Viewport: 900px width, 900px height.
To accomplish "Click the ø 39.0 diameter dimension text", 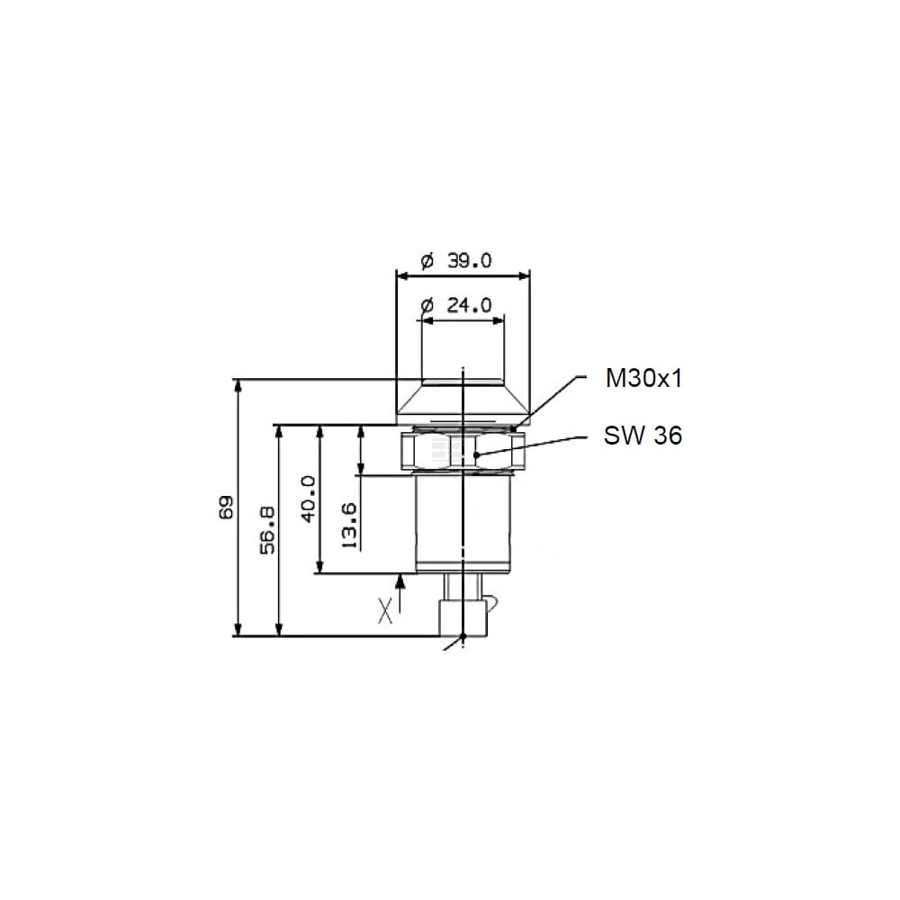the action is click(x=456, y=261).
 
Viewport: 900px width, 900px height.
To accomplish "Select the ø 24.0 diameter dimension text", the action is click(x=456, y=305).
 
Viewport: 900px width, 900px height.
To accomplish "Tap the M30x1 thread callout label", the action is click(x=643, y=379).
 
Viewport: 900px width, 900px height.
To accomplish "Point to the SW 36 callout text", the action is click(x=643, y=436).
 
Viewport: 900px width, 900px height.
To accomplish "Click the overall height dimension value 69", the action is click(x=227, y=508).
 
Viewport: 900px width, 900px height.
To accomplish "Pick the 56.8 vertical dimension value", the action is click(x=267, y=530).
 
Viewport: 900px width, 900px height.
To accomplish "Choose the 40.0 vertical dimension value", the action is click(x=309, y=499).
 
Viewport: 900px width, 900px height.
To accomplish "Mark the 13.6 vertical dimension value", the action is click(x=349, y=525).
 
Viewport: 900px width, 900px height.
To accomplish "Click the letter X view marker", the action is click(x=386, y=610).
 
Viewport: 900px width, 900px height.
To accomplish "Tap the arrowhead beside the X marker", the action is click(x=400, y=580).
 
